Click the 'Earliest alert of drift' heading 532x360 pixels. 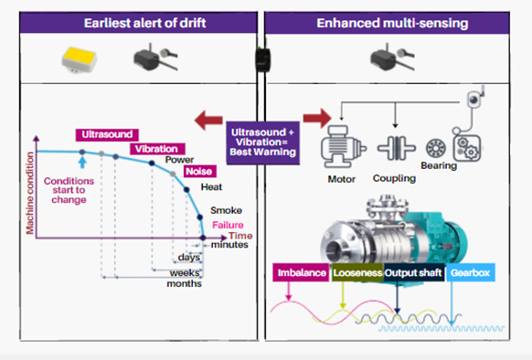pyautogui.click(x=133, y=22)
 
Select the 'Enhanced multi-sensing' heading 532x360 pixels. pyautogui.click(x=394, y=22)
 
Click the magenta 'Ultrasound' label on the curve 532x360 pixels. pyautogui.click(x=101, y=134)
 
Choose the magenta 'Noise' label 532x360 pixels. pyautogui.click(x=198, y=171)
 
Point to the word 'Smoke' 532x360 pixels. pyautogui.click(x=226, y=210)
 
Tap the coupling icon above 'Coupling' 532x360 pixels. pyautogui.click(x=395, y=149)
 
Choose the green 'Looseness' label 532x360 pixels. pyautogui.click(x=357, y=273)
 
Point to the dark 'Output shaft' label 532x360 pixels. pyautogui.click(x=413, y=273)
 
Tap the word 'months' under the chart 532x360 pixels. pyautogui.click(x=186, y=283)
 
